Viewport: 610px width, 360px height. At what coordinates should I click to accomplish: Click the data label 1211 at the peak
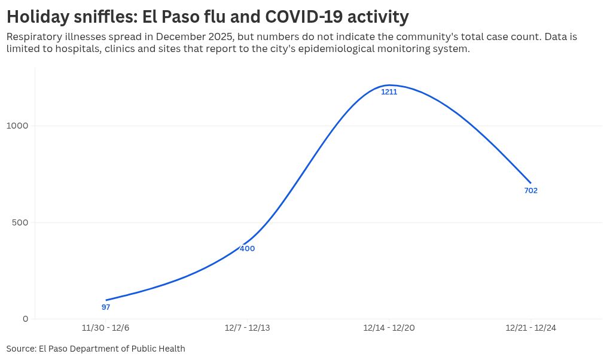[x=389, y=92]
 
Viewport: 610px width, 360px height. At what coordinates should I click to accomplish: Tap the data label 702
[x=530, y=191]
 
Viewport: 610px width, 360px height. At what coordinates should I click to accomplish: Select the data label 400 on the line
[x=247, y=249]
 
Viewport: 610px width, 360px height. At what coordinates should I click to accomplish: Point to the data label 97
[x=106, y=307]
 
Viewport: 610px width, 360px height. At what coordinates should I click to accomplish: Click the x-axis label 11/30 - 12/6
[x=105, y=328]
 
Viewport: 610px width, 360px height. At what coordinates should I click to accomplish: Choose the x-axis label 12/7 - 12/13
[x=247, y=328]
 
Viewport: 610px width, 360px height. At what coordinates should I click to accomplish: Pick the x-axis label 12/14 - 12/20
[x=389, y=328]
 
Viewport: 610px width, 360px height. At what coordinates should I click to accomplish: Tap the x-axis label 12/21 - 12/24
[x=530, y=328]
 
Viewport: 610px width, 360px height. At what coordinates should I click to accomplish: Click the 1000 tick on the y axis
[x=17, y=126]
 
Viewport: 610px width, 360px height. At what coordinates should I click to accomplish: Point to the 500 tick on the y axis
[x=20, y=222]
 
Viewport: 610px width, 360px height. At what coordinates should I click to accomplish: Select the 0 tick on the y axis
[x=25, y=319]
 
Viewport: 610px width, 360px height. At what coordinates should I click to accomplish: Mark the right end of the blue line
[x=530, y=183]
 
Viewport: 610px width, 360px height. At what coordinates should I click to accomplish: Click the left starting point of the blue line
[x=106, y=300]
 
